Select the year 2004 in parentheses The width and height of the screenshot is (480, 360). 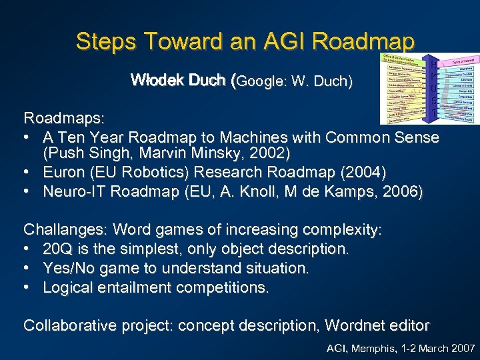[363, 173]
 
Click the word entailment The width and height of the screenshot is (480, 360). [135, 288]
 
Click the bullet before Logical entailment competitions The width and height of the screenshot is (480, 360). [29, 288]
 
